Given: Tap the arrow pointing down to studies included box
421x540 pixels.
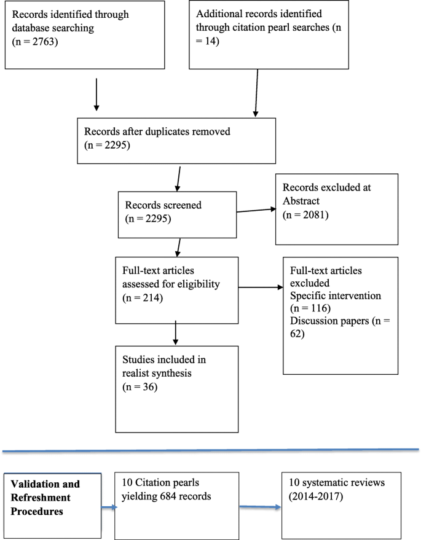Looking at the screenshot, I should (176, 331).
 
